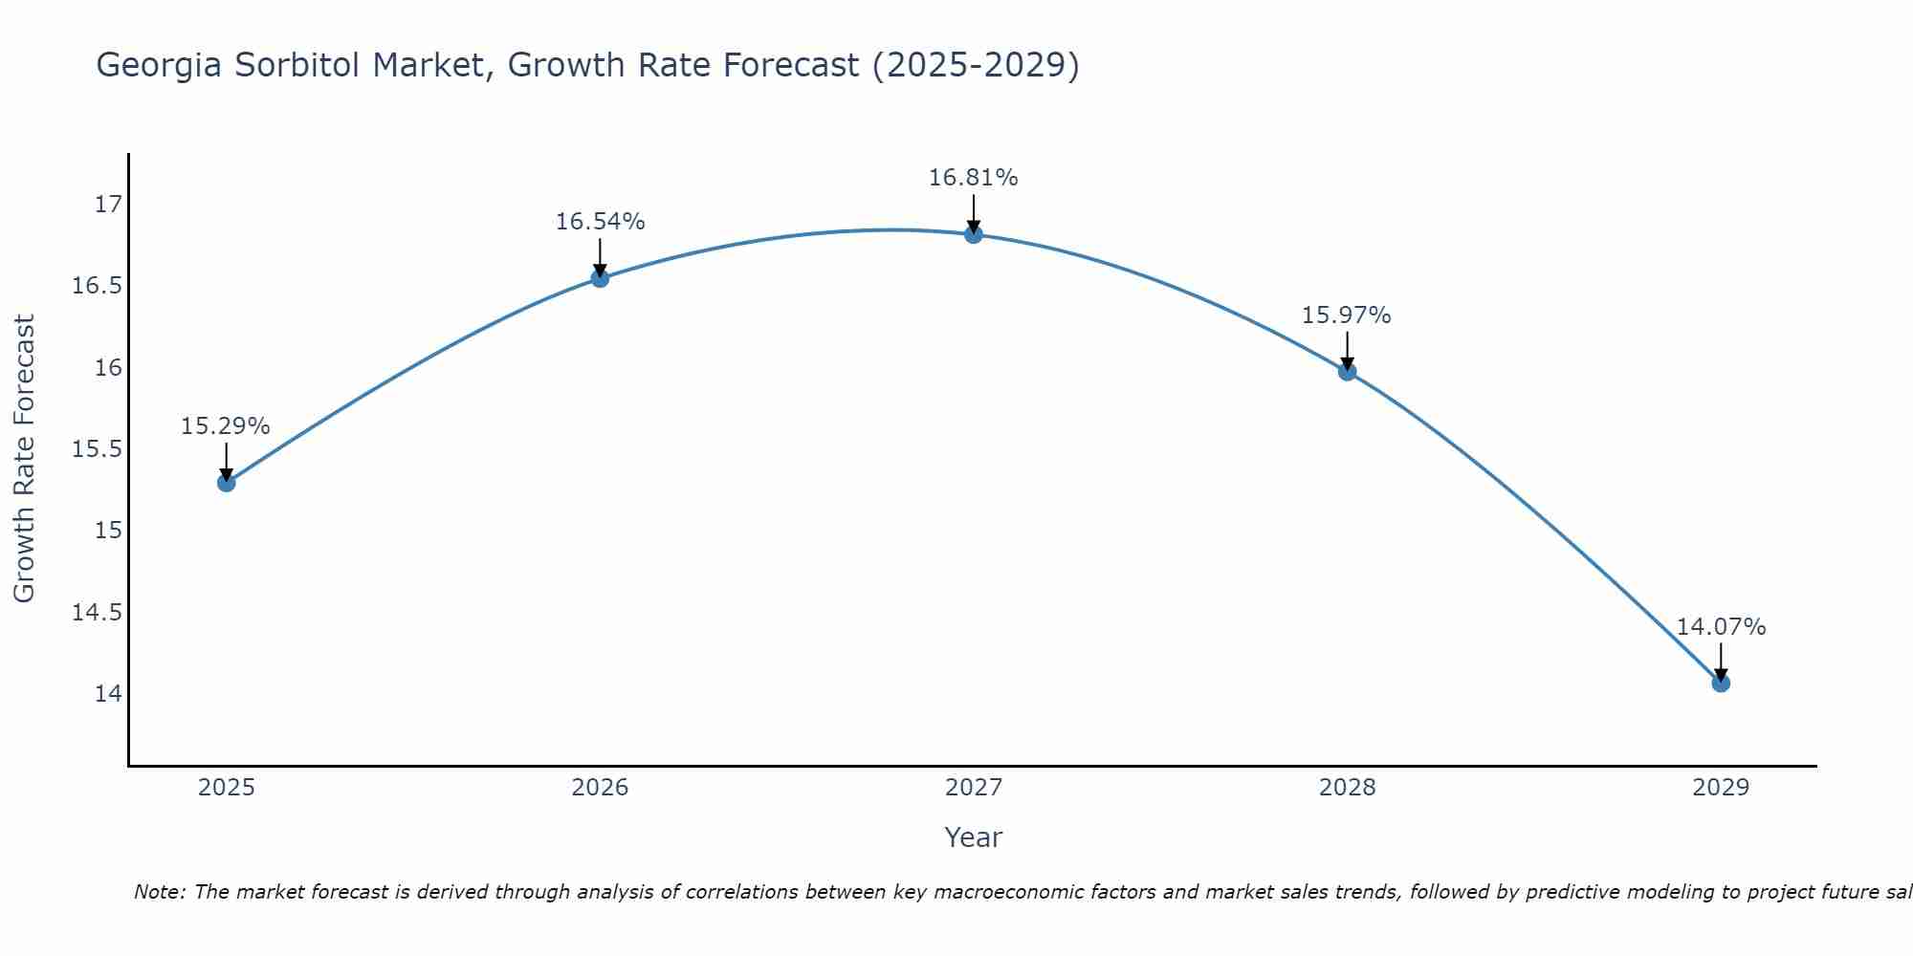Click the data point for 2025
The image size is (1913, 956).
point(227,483)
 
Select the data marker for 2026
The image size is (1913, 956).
point(600,278)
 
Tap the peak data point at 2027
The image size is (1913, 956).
point(974,234)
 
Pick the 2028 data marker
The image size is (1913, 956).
point(1347,372)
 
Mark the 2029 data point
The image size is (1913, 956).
point(1721,683)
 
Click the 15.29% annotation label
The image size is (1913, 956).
point(226,426)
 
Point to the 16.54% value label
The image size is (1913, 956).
point(601,222)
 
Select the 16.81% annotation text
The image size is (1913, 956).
point(974,178)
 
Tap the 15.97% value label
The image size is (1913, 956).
point(1347,315)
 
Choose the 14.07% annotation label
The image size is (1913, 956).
point(1722,627)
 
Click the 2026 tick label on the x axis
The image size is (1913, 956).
point(600,788)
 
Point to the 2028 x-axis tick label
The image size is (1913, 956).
point(1347,788)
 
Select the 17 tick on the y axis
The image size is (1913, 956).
point(109,205)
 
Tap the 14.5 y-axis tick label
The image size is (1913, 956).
point(98,612)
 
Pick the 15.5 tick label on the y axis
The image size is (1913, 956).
point(98,449)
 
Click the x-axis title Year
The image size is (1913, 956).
point(974,837)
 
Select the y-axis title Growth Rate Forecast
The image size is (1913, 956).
point(24,459)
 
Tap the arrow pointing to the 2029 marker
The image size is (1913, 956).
point(1721,662)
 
